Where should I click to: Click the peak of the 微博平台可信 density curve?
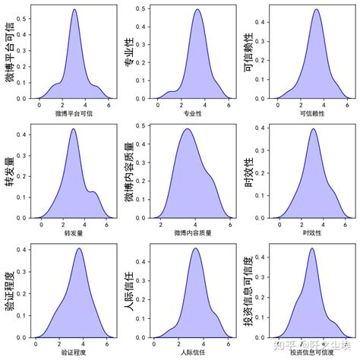pos(74,10)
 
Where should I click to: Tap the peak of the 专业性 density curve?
pos(197,10)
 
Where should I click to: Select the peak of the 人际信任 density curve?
pos(196,248)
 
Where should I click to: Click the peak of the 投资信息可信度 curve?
pos(311,248)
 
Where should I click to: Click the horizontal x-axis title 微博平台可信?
pos(74,114)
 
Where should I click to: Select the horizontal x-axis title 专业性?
pos(193,114)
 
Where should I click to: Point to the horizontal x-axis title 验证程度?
pos(74,352)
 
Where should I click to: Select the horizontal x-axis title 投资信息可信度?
pos(312,352)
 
